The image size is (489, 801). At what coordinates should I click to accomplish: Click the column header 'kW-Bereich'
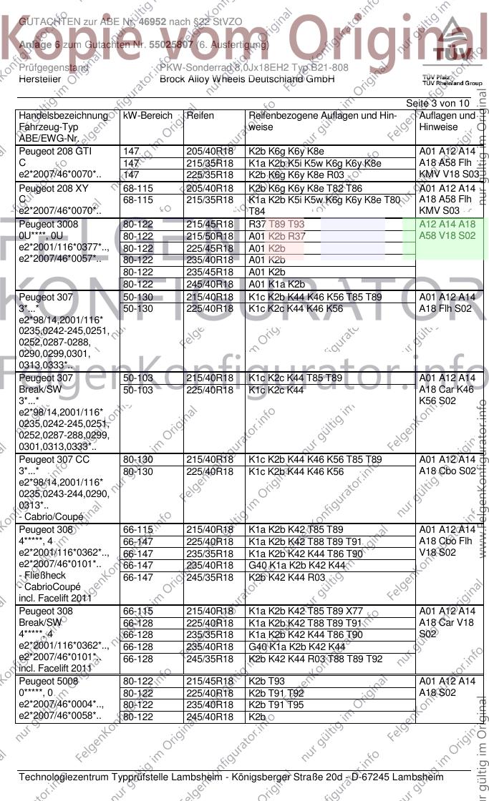point(147,115)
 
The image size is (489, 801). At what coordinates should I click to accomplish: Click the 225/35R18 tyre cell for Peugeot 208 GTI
point(210,175)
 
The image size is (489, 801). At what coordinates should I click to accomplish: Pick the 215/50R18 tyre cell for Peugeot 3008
point(210,236)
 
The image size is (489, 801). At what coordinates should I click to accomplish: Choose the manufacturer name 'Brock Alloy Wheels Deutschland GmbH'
point(247,79)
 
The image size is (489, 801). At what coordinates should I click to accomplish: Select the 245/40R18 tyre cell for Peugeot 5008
point(210,716)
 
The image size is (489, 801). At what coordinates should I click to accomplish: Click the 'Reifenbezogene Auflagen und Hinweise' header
point(322,121)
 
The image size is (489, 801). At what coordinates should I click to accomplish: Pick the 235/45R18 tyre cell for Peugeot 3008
point(210,272)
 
